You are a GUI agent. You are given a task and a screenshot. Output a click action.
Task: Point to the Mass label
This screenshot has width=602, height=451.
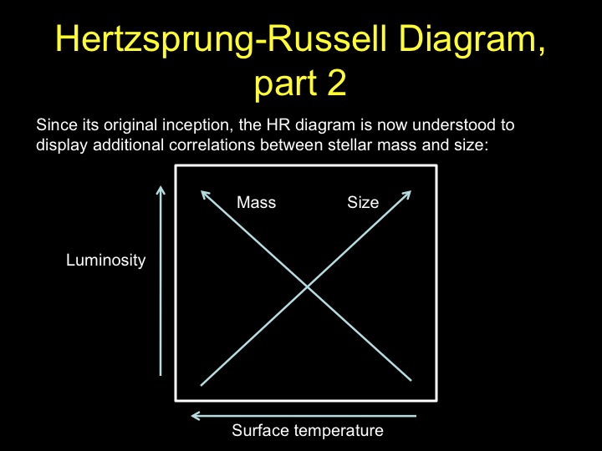[x=256, y=202]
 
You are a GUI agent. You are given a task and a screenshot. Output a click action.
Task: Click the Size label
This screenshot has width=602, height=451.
[x=363, y=202]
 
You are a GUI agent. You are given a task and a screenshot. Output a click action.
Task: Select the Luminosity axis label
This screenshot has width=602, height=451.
[x=105, y=261]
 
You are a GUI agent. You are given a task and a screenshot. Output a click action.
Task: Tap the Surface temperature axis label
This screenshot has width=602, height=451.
[x=308, y=430]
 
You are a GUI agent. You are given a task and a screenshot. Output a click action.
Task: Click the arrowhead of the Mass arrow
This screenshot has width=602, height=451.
[x=202, y=191]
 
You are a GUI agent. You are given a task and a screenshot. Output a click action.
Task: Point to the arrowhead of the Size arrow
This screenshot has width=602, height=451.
[x=411, y=191]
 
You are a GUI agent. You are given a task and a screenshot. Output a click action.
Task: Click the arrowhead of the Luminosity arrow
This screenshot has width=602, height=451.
[x=161, y=187]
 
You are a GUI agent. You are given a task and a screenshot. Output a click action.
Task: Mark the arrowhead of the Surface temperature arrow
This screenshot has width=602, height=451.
[x=191, y=416]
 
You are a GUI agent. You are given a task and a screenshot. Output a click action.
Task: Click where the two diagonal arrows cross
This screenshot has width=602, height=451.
[x=307, y=286]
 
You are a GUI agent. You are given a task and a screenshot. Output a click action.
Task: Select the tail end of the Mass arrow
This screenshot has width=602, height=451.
[x=411, y=381]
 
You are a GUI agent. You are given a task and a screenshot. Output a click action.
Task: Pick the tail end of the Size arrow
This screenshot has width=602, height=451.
[x=202, y=385]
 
